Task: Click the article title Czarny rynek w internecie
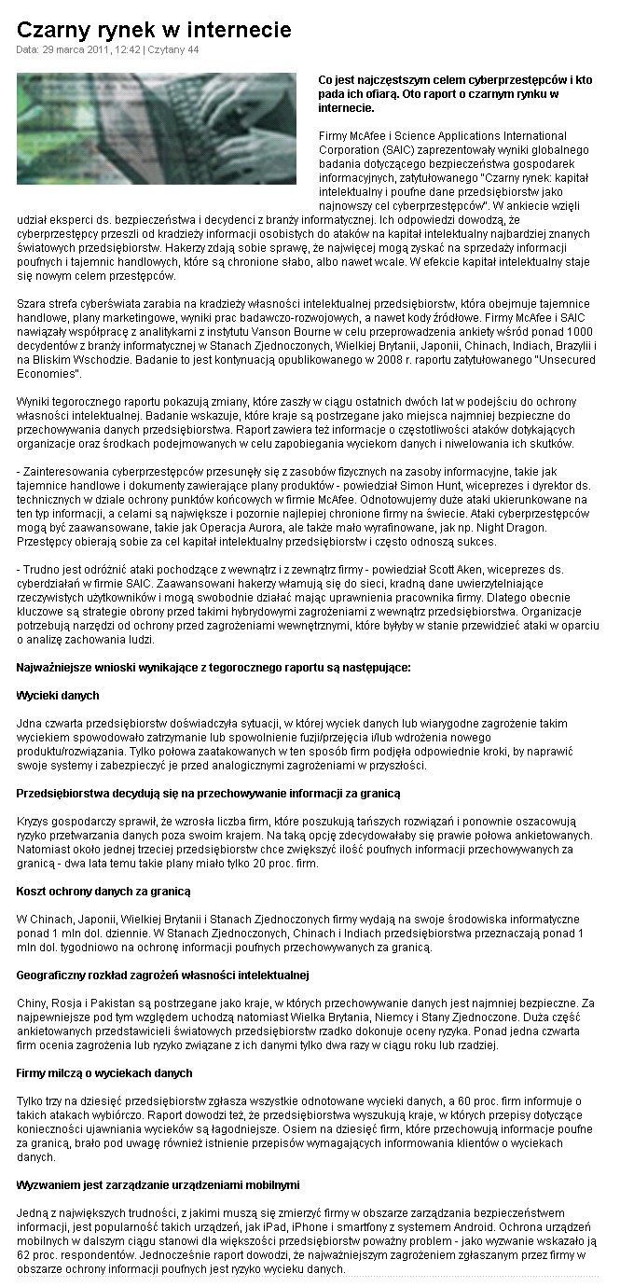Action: [154, 30]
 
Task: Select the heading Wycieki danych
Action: [58, 696]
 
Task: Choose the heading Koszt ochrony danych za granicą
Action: [103, 892]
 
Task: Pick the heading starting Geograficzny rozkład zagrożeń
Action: [163, 976]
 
